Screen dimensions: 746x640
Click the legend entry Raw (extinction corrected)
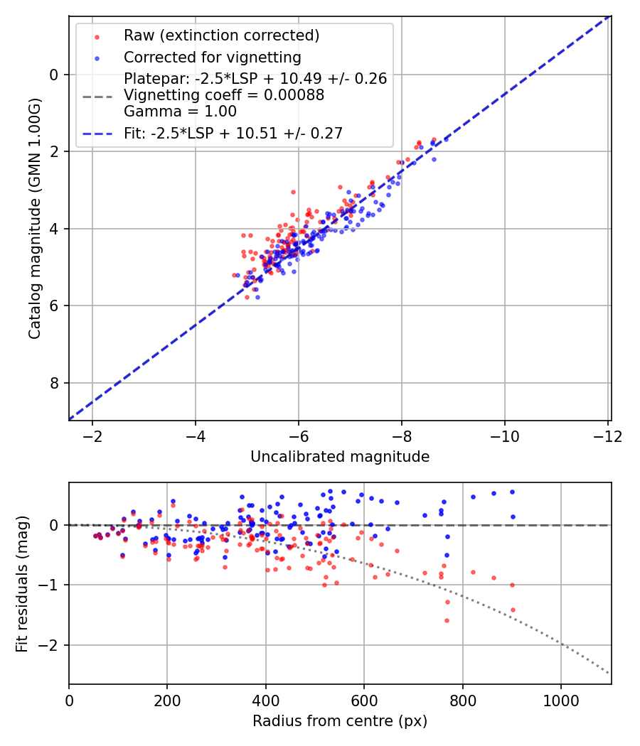click(x=221, y=36)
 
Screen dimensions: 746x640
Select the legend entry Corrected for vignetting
click(x=212, y=58)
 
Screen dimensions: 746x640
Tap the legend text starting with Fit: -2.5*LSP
click(x=233, y=134)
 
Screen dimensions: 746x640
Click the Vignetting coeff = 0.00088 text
click(x=224, y=95)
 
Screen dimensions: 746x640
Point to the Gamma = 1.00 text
click(x=180, y=112)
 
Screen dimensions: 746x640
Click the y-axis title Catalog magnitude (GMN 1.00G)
click(x=35, y=218)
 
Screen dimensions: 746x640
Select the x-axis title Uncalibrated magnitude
click(x=340, y=457)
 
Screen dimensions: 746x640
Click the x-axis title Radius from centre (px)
click(x=340, y=721)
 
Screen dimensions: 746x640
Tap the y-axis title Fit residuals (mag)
click(x=22, y=583)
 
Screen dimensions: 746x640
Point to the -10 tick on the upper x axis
click(x=504, y=435)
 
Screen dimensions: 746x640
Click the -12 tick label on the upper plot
click(x=607, y=435)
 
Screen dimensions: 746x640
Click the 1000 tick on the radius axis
click(x=561, y=699)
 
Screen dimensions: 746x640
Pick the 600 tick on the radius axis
click(x=364, y=699)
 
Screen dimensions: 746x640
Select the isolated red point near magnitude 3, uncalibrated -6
click(x=293, y=192)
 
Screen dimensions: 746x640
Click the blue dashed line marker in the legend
click(x=96, y=134)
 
